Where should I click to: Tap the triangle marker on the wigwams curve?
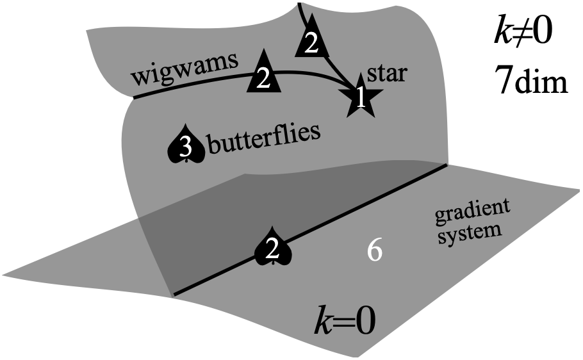point(263,76)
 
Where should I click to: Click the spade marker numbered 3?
point(185,147)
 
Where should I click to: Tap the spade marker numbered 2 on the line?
point(273,250)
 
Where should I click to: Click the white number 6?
point(375,251)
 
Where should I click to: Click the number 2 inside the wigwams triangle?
point(263,78)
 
